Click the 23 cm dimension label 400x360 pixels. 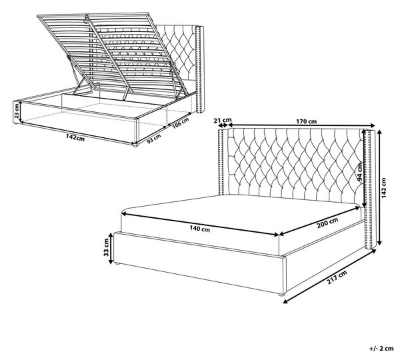coord(16,111)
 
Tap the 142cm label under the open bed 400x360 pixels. coord(75,137)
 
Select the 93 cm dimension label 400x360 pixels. coord(154,139)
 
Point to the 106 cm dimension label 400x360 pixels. coord(180,123)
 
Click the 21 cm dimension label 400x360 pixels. coord(223,120)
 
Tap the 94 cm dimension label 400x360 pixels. coord(360,172)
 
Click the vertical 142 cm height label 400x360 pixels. coord(384,187)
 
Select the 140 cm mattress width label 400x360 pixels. coord(200,229)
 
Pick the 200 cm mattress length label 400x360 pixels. coord(327,223)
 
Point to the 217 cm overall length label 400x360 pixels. coord(337,277)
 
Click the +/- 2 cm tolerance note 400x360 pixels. coord(381,348)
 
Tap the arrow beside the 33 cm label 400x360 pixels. coord(111,248)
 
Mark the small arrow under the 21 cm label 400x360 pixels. coord(223,125)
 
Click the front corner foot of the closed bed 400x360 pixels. coord(281,295)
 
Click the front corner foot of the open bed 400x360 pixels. coord(135,146)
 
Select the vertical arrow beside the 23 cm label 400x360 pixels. coord(20,111)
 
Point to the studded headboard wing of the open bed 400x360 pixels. coord(199,69)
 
